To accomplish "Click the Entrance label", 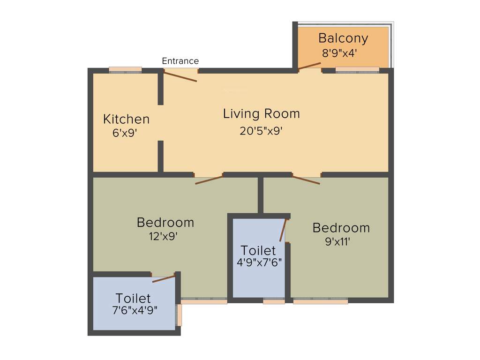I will pyautogui.click(x=180, y=61).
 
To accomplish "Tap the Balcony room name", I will pyautogui.click(x=343, y=38).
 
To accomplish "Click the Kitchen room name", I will pyautogui.click(x=126, y=119).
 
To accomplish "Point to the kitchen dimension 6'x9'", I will pyautogui.click(x=124, y=133).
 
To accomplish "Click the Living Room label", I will pyautogui.click(x=261, y=113).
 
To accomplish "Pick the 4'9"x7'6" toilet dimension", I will pyautogui.click(x=259, y=262).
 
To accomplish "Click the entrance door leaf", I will pyautogui.click(x=180, y=76).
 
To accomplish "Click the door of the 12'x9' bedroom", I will pyautogui.click(x=209, y=180).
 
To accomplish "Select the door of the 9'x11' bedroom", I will pyautogui.click(x=306, y=180).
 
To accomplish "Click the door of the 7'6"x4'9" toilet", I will pyautogui.click(x=164, y=278).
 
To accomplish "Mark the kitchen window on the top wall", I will pyautogui.click(x=125, y=70).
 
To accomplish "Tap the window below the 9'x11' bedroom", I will pyautogui.click(x=321, y=302).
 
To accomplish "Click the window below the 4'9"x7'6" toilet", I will pyautogui.click(x=274, y=302).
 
